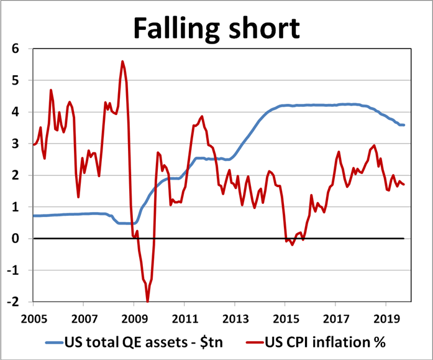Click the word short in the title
pyautogui.click(x=265, y=28)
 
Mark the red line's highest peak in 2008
pyautogui.click(x=122, y=61)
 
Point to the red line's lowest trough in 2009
pyautogui.click(x=147, y=302)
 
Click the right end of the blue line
pyautogui.click(x=404, y=125)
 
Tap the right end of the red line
pyautogui.click(x=404, y=184)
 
